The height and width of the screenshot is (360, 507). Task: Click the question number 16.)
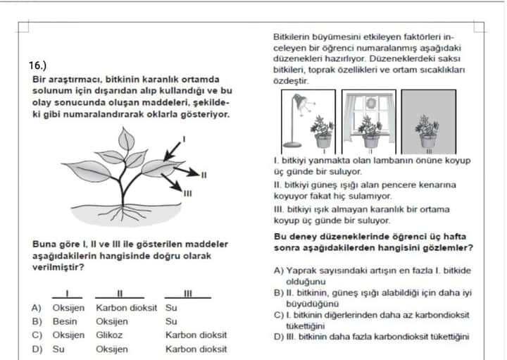tap(38, 65)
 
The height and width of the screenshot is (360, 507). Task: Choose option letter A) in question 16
tap(36, 308)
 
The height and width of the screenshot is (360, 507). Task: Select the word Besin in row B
tap(65, 321)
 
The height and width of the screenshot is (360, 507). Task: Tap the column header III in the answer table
tap(188, 294)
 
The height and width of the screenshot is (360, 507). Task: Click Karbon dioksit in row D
tap(196, 349)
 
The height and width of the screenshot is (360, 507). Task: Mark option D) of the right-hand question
tap(279, 337)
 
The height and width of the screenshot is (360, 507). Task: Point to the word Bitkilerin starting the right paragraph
tap(292, 37)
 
